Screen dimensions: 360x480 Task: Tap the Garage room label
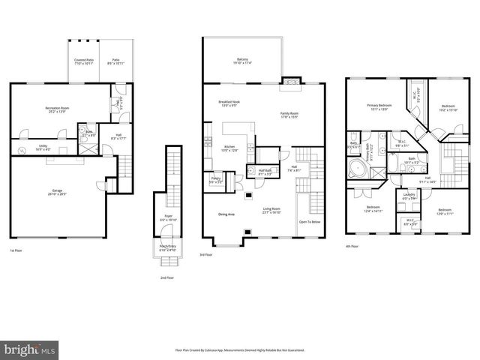pyautogui.click(x=57, y=192)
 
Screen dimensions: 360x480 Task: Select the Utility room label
pyautogui.click(x=43, y=148)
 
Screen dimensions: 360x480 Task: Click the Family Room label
pyautogui.click(x=289, y=114)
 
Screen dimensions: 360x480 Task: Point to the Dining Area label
pyautogui.click(x=226, y=214)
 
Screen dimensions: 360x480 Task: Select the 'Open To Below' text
pyautogui.click(x=310, y=222)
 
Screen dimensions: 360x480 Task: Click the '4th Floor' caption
pyautogui.click(x=352, y=246)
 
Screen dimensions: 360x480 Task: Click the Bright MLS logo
pyautogui.click(x=29, y=349)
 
